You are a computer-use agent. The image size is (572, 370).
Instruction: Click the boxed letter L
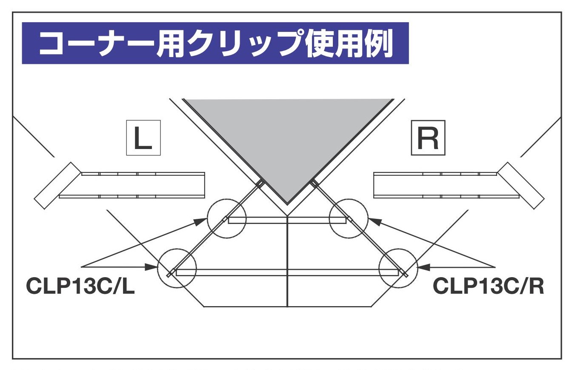coord(143,138)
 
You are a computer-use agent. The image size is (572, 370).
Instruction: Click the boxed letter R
coord(427,138)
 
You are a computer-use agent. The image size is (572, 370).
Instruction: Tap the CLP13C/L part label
coord(81,286)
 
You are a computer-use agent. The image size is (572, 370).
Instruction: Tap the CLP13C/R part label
coord(489,286)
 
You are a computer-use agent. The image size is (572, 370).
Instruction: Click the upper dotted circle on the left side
coord(227,218)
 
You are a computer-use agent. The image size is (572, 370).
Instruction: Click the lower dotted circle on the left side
coord(177,269)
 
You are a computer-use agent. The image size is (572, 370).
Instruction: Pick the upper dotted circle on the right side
coord(349,218)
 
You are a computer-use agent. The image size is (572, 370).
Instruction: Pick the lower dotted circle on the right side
coord(398,269)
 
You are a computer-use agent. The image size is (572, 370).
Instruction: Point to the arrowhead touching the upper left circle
coord(203,221)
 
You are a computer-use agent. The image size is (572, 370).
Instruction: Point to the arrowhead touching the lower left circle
coord(152,267)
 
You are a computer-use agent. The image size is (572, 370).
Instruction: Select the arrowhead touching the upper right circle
coord(373,221)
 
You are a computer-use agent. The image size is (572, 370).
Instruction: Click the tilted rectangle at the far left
coord(57,185)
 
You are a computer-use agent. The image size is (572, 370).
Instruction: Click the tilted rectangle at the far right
coord(521,185)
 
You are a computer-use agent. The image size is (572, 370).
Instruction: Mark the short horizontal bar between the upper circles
coord(288,220)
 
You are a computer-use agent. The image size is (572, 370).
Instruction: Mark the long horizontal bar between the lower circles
coord(288,272)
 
